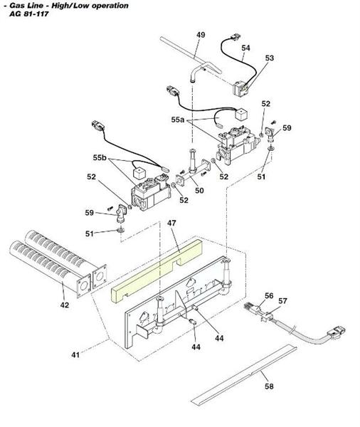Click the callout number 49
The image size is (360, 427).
201,35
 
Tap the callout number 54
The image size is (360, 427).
245,48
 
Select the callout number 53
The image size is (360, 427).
270,58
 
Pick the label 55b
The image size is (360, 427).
100,157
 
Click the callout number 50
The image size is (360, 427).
199,191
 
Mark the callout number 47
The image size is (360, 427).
171,223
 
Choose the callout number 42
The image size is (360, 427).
65,305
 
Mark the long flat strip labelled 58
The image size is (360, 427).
242,374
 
